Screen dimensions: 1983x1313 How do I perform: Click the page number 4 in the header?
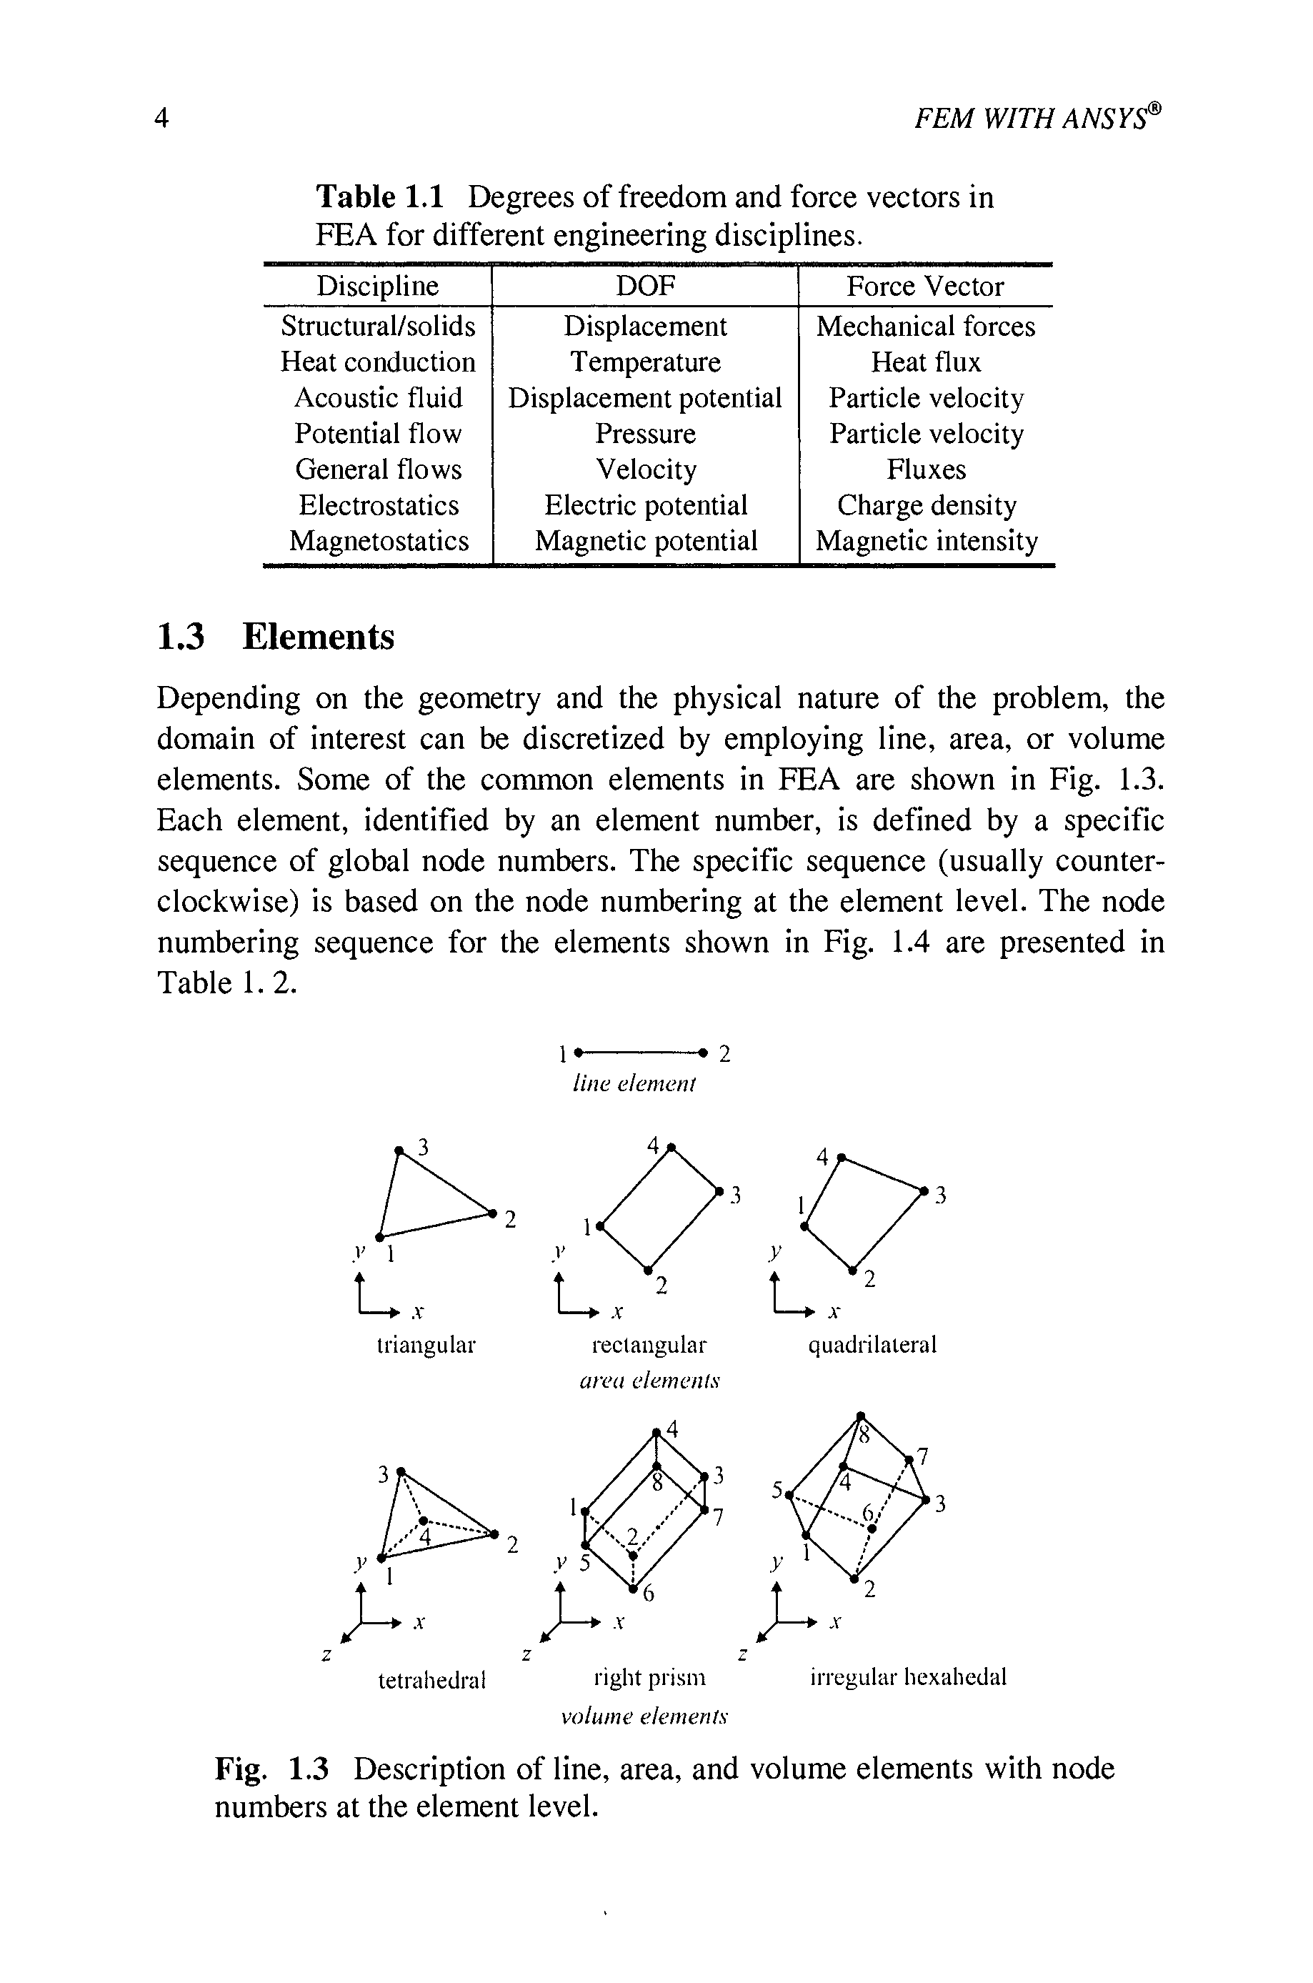[162, 118]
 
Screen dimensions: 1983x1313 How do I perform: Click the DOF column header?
[645, 287]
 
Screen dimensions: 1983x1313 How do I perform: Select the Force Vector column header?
[924, 287]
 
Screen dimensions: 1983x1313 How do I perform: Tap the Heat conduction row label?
[378, 362]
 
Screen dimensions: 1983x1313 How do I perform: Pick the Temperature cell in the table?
[645, 362]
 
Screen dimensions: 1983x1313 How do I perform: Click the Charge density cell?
[926, 505]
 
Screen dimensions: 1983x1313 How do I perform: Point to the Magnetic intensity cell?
[926, 541]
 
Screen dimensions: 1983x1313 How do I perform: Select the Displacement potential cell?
[645, 398]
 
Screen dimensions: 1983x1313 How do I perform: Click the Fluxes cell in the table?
[926, 469]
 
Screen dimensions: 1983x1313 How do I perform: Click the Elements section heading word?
[318, 637]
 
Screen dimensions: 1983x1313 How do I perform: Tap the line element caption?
[634, 1085]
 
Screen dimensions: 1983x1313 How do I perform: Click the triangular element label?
[426, 1345]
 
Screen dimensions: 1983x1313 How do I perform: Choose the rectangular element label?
[649, 1345]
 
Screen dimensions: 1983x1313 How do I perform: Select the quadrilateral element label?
[872, 1345]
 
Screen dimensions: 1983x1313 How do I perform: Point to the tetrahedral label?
[432, 1680]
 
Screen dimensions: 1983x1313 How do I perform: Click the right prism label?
[649, 1678]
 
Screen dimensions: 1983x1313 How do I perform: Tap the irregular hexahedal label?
[908, 1676]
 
